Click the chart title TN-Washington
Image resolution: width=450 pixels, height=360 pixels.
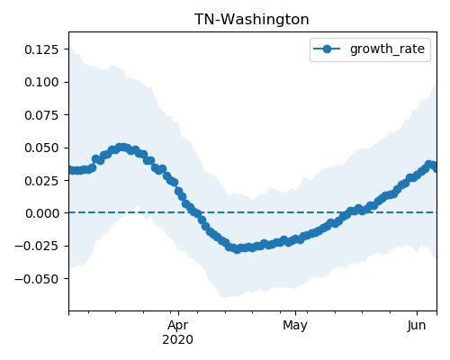click(251, 20)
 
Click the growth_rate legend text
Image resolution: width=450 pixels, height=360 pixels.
click(387, 49)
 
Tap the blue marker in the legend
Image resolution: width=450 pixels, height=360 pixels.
click(327, 49)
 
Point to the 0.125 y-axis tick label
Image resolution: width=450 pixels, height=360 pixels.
click(41, 49)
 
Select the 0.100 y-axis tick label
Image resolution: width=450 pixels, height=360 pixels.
click(41, 82)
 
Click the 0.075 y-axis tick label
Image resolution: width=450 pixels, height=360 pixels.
click(41, 115)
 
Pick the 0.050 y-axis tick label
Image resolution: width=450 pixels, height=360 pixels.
click(41, 148)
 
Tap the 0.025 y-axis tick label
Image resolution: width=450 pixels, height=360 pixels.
click(41, 181)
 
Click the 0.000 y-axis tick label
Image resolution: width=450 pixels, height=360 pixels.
click(42, 213)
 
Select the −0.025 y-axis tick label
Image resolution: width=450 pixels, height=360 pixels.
click(37, 247)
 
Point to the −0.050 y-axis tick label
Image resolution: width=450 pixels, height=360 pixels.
click(37, 279)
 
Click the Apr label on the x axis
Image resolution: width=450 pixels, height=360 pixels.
click(178, 326)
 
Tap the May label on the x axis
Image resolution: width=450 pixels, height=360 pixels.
click(295, 326)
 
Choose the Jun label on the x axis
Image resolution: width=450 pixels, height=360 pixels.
click(417, 326)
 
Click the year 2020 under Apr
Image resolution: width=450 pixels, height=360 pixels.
click(178, 340)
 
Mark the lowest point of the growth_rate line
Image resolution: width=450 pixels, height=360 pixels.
click(237, 249)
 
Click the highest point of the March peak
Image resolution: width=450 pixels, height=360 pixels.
click(121, 148)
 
